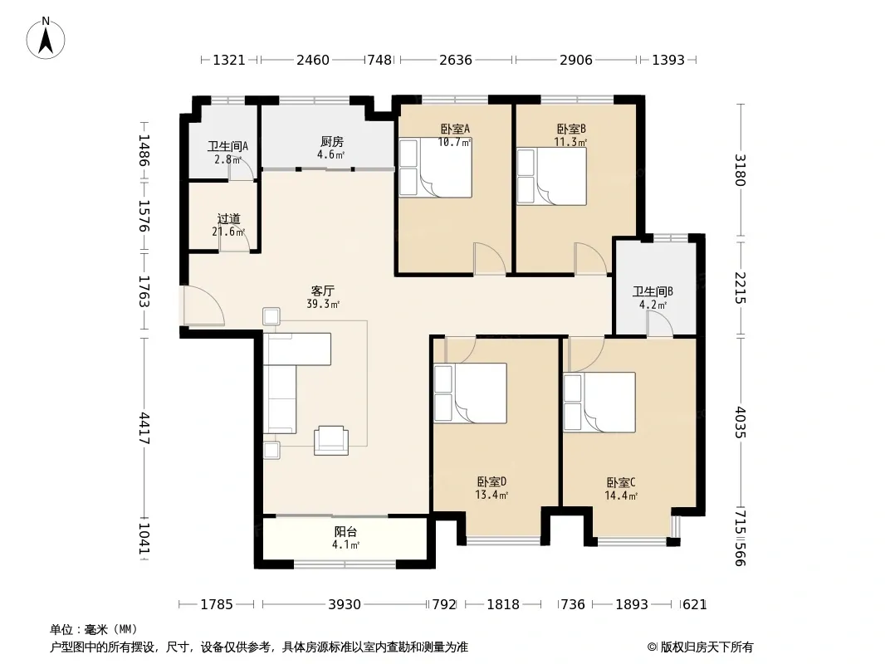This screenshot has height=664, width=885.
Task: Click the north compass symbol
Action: click(46, 38)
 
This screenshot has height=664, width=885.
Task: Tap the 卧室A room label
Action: click(455, 129)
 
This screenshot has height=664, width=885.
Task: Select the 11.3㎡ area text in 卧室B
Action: click(570, 142)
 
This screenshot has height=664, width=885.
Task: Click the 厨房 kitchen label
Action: click(332, 142)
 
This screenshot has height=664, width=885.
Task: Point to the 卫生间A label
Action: click(227, 147)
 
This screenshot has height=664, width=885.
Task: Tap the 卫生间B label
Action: click(653, 291)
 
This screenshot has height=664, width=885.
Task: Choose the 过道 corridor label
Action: click(228, 218)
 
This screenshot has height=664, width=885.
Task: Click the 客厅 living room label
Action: click(323, 291)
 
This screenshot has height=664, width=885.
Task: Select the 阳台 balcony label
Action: click(345, 531)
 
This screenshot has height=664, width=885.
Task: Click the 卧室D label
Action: click(491, 481)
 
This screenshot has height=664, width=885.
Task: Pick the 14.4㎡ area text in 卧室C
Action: click(621, 496)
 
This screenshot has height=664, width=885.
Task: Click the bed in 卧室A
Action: click(435, 168)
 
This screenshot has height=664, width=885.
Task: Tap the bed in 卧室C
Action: click(599, 403)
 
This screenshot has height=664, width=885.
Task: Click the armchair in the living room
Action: click(331, 440)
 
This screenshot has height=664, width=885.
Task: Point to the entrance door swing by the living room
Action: click(203, 305)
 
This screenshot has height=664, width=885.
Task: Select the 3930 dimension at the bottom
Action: click(345, 605)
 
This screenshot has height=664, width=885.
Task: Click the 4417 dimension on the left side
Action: click(144, 428)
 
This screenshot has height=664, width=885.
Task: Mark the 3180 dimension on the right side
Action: click(741, 170)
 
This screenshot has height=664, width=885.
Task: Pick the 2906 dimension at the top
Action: click(575, 60)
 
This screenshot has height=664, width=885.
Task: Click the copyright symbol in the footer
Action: click(652, 647)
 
